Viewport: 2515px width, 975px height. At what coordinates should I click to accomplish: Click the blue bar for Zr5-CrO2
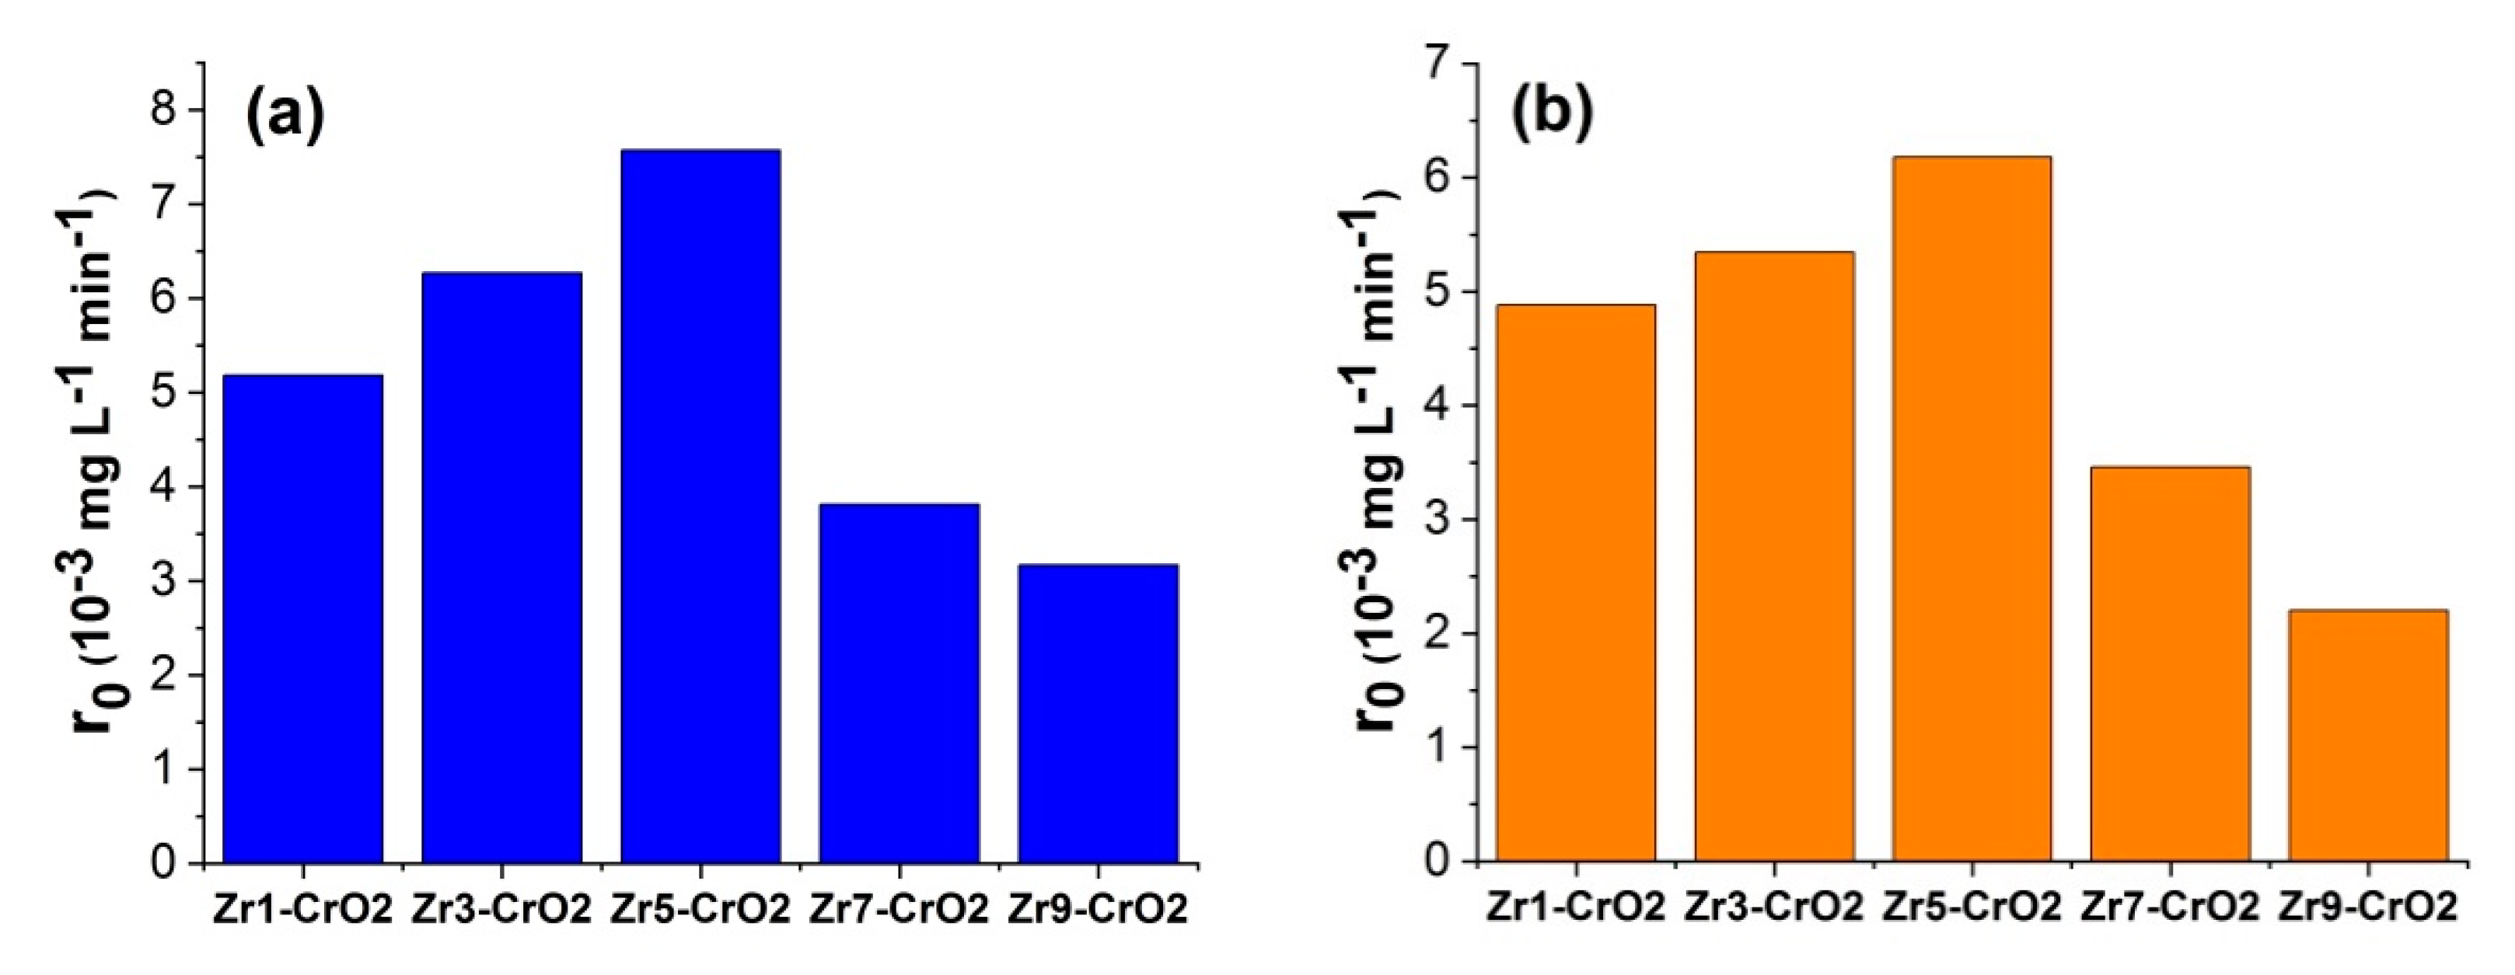coord(700,507)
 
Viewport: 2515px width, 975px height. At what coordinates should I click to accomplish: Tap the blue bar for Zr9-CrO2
coord(1098,715)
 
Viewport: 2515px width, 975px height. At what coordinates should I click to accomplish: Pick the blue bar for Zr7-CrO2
coord(899,683)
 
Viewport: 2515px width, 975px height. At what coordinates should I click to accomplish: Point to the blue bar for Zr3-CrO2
coord(501,568)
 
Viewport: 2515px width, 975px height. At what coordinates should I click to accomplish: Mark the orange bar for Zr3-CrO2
coord(1773,556)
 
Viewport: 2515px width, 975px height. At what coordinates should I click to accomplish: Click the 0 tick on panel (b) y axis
coord(1437,861)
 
